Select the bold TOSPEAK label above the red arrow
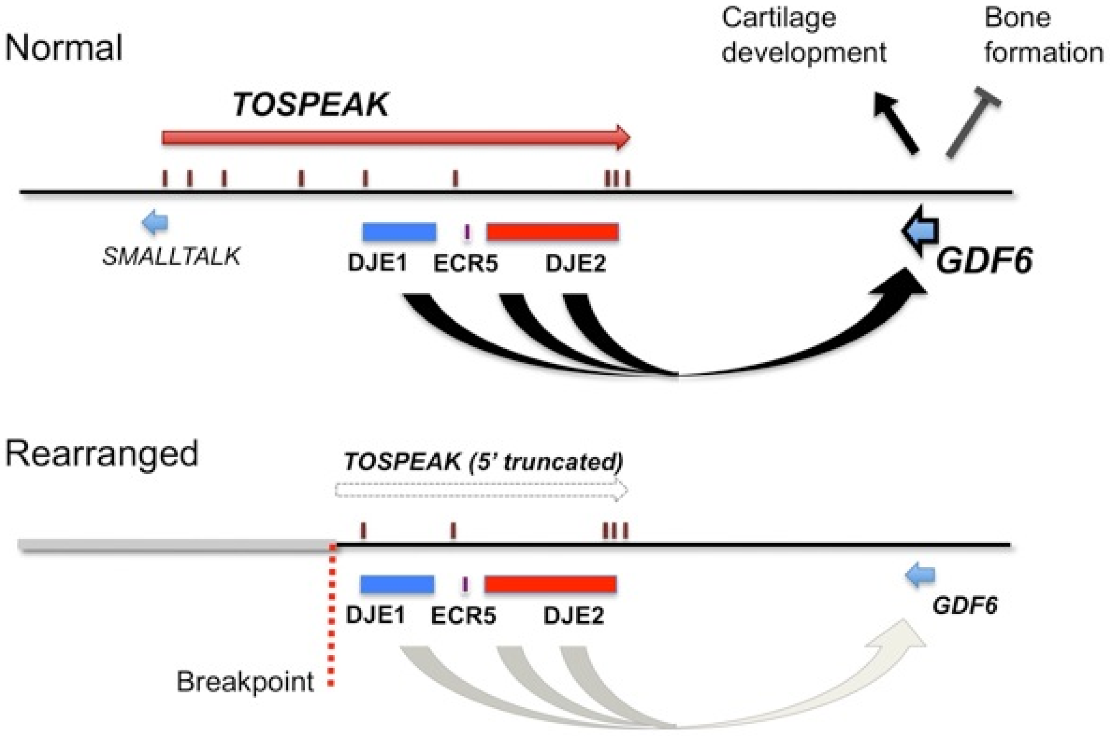310,104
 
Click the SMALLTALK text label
171,257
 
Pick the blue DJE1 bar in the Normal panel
399,232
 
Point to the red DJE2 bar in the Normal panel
552,232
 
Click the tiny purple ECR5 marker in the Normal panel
466,232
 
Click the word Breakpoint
245,682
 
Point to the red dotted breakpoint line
332,620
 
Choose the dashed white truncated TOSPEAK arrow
481,491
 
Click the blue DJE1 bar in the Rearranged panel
397,584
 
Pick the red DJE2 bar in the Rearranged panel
550,584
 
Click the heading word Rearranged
102,454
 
